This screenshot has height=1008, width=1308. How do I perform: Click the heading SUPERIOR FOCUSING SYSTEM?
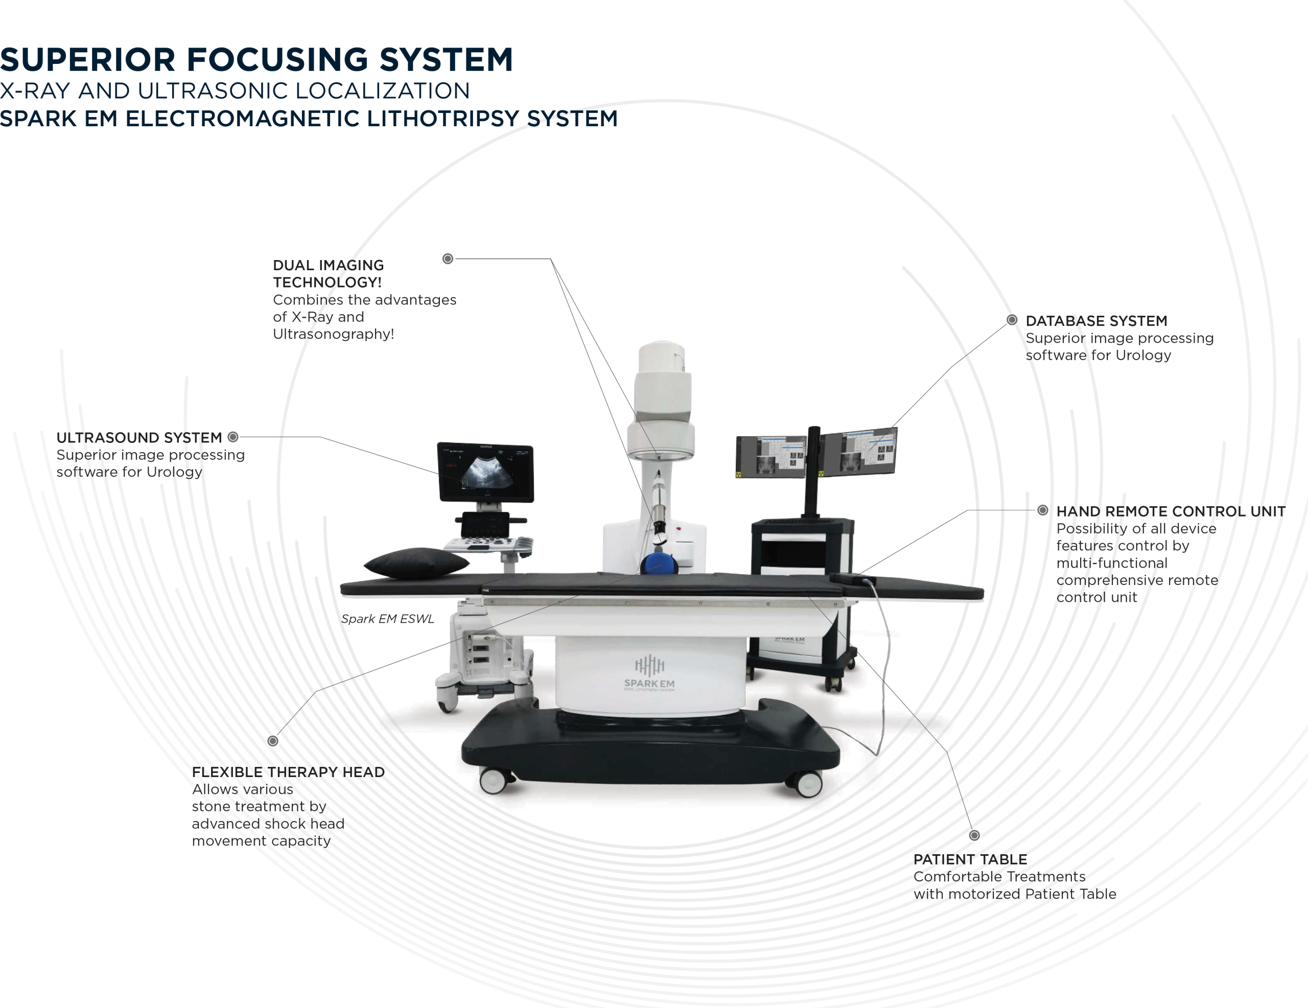point(256,60)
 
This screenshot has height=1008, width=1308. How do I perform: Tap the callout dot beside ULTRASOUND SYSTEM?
point(233,437)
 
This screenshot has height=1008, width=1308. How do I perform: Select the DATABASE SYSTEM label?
point(1096,321)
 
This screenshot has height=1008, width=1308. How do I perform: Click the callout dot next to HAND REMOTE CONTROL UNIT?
point(1043,510)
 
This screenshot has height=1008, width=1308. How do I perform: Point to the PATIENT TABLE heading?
point(970,859)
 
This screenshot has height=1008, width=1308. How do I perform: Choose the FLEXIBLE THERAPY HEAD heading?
point(288,772)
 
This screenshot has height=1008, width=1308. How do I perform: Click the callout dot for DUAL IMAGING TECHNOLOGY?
point(448,259)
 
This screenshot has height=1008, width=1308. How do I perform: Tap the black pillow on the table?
point(417,563)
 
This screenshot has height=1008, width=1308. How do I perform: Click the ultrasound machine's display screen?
point(486,473)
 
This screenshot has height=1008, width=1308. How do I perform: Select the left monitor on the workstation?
point(771,457)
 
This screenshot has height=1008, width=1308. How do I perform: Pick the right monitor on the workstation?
point(859,452)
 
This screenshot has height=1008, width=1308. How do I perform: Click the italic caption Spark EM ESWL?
point(387,619)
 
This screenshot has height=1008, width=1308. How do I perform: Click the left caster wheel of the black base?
point(494,781)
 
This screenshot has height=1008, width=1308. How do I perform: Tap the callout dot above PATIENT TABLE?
point(974,835)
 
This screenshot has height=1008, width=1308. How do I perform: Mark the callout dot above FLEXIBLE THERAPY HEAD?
point(272,741)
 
